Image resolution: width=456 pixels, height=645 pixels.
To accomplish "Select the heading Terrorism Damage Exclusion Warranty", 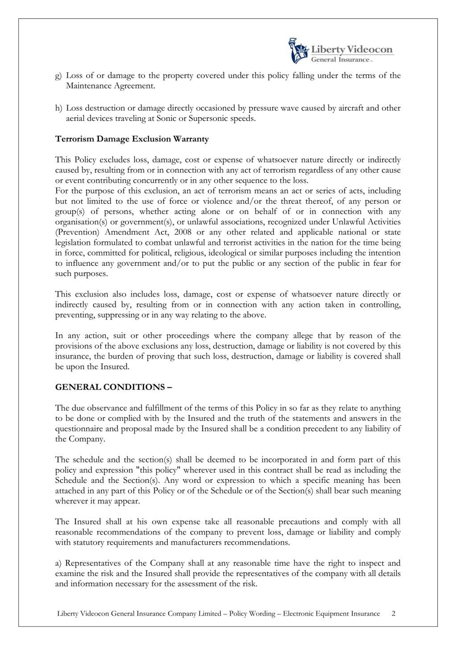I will click(132, 139).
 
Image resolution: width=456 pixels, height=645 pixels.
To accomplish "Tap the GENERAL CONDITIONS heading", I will click(113, 387).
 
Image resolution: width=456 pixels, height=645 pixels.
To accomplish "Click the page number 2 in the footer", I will click(393, 613).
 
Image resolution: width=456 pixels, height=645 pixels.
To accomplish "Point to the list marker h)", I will click(58, 108).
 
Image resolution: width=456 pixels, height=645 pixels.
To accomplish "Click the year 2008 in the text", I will click(183, 232).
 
